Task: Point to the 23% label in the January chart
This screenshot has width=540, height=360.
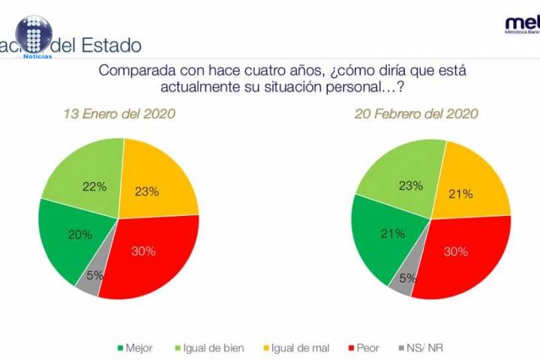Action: (148, 191)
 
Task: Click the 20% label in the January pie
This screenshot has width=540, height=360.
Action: (81, 235)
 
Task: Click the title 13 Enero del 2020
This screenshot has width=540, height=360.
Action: (118, 114)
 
